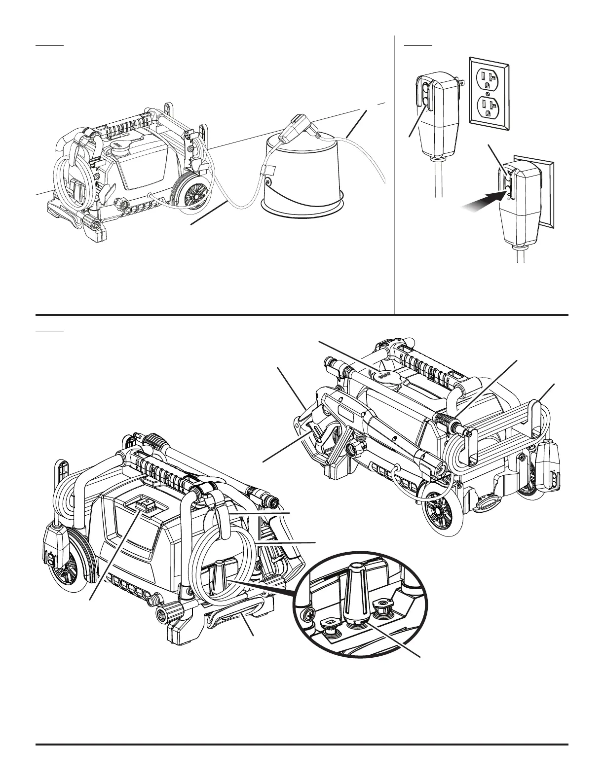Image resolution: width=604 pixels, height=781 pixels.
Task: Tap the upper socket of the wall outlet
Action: point(488,78)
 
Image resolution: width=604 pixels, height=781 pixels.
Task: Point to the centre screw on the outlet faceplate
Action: point(488,93)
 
